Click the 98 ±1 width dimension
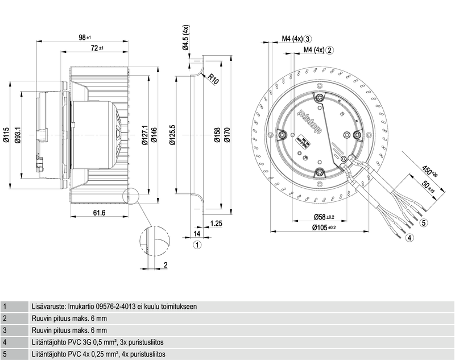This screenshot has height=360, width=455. point(85,38)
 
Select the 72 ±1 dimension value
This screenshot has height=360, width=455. point(97,49)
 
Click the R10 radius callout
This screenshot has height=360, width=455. point(213,79)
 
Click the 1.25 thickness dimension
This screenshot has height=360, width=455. point(216,224)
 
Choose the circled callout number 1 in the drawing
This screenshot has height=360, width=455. point(197,245)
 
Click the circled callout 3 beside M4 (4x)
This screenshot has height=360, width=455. point(307,39)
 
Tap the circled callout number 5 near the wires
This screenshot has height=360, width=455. point(424,223)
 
